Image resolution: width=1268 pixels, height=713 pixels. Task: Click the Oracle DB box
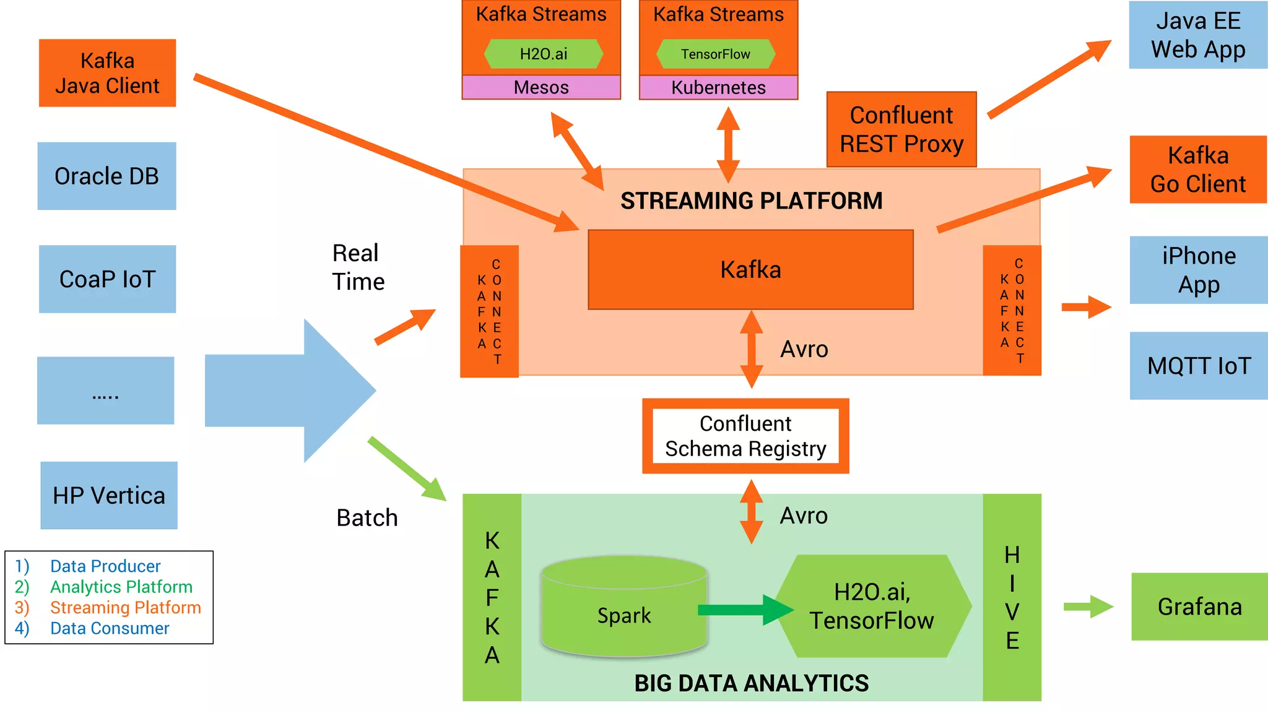[106, 176]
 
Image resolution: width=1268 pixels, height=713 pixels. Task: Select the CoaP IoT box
[107, 279]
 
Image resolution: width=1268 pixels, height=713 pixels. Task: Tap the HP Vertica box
[109, 495]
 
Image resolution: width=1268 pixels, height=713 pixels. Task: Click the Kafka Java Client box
[107, 73]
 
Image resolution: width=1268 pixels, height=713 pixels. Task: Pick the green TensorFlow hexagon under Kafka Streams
[715, 54]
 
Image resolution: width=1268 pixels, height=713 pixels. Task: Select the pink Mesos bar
[541, 87]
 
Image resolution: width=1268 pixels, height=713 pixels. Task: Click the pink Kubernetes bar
[718, 87]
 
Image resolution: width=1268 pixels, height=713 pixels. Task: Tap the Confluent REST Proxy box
[901, 129]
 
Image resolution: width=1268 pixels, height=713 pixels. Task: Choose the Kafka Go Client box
[1198, 170]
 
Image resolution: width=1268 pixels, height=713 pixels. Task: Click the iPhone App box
[1199, 270]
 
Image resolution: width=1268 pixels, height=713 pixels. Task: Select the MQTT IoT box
[1199, 366]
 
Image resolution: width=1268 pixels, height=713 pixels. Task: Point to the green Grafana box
[1199, 607]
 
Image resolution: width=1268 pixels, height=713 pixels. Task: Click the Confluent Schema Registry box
[745, 436]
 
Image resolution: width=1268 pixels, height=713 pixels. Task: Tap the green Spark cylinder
[623, 610]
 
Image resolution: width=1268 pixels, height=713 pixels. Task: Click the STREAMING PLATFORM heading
[751, 201]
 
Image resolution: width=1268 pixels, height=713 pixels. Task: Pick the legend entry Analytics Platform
[121, 587]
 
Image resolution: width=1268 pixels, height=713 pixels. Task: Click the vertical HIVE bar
[1012, 597]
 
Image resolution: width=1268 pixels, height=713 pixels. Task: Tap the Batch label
[367, 518]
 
